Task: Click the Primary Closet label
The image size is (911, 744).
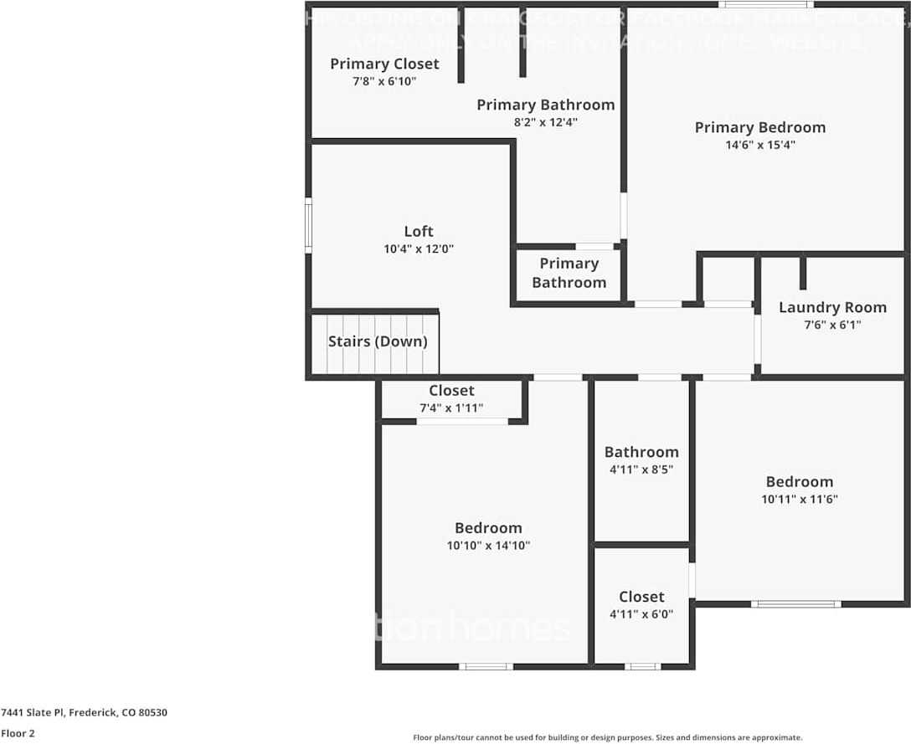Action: (x=384, y=64)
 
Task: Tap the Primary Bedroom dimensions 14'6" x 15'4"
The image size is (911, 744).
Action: (x=760, y=145)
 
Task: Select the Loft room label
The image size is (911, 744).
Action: (x=419, y=231)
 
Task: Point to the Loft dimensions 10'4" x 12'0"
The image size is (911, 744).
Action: (x=419, y=249)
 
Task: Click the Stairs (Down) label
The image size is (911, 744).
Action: (x=378, y=341)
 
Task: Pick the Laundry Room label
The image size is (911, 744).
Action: (x=832, y=307)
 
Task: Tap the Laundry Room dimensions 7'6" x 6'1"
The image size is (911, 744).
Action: (x=832, y=325)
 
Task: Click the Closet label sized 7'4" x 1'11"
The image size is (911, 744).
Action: (x=451, y=391)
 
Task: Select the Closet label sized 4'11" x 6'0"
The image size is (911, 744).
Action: (x=641, y=597)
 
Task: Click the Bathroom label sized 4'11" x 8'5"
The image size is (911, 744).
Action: (x=641, y=452)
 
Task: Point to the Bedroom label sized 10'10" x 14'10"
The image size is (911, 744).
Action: (x=488, y=528)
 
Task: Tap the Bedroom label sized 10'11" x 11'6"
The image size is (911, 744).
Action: (x=800, y=482)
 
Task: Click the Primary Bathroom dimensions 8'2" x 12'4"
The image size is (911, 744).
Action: (x=546, y=122)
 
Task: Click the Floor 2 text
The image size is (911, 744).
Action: (x=18, y=733)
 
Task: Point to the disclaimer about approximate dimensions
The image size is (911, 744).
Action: (x=607, y=737)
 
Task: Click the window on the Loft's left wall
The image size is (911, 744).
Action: (x=308, y=225)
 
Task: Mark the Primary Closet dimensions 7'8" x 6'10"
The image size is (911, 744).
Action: (x=384, y=81)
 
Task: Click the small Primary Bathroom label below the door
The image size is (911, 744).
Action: (x=569, y=273)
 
